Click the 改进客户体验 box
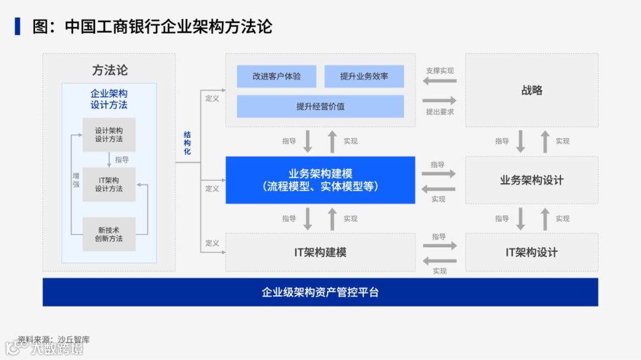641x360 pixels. [276, 77]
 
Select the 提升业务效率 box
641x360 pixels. [364, 77]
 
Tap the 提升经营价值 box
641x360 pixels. [320, 107]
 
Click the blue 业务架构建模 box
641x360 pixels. [320, 180]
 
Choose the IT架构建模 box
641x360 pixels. [320, 252]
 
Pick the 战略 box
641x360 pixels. [531, 91]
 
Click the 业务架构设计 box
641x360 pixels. [531, 180]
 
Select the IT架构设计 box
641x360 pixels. [531, 252]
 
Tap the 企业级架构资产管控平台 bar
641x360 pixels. [320, 292]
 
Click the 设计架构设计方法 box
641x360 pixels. [109, 135]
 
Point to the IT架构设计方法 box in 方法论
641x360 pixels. [109, 184]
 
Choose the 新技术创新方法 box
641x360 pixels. [109, 234]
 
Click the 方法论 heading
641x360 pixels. [109, 70]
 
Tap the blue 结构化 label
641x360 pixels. [188, 144]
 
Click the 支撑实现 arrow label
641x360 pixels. [439, 71]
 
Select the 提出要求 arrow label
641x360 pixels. [439, 111]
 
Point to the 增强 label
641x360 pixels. [76, 180]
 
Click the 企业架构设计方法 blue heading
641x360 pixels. [109, 99]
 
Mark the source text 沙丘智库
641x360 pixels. [74, 340]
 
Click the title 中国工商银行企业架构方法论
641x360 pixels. [168, 27]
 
